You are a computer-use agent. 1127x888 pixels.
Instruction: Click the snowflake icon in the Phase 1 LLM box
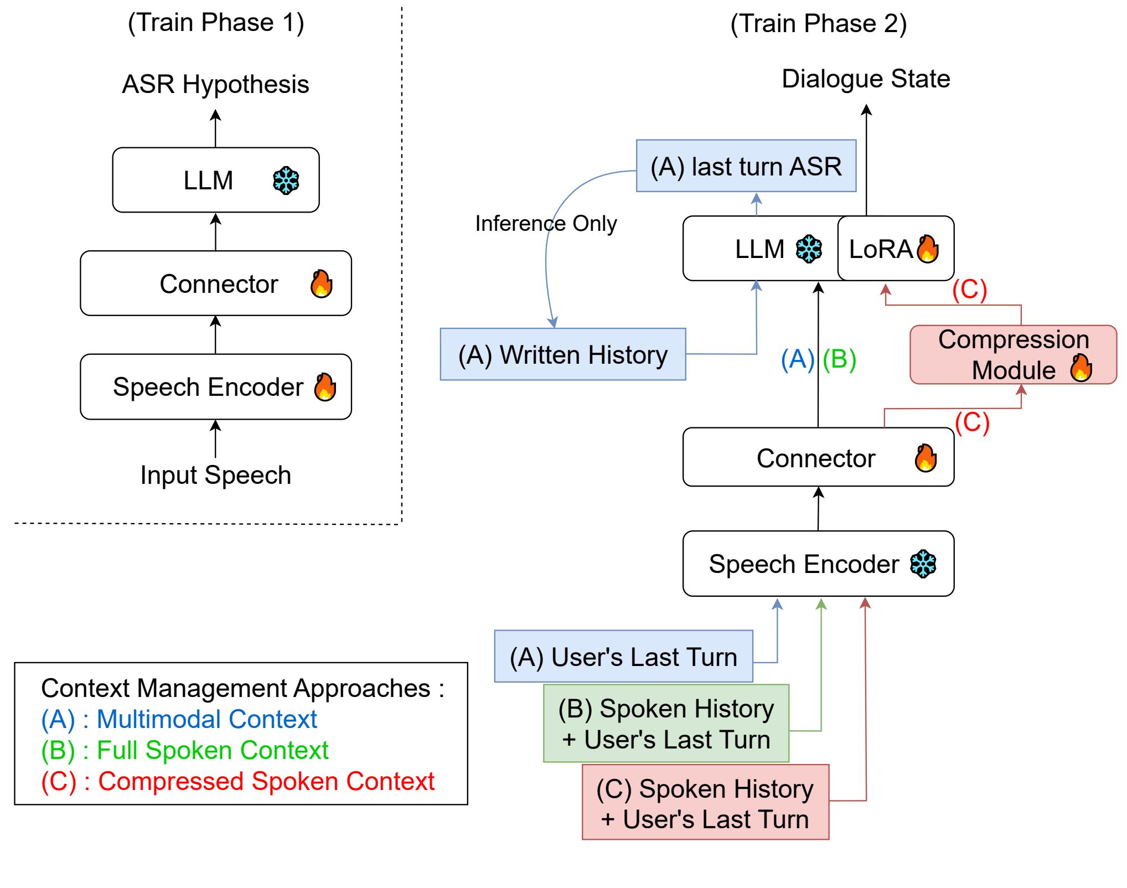pyautogui.click(x=286, y=180)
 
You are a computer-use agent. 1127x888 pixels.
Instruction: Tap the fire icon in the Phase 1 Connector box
pyautogui.click(x=322, y=284)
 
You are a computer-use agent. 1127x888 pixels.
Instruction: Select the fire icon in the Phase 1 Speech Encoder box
pyautogui.click(x=325, y=386)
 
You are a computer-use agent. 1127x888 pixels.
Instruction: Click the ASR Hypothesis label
pyautogui.click(x=215, y=84)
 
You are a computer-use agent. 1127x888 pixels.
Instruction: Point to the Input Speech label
pyautogui.click(x=215, y=475)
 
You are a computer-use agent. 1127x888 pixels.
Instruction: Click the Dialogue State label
pyautogui.click(x=866, y=79)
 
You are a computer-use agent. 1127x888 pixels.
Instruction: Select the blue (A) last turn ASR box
pyautogui.click(x=746, y=166)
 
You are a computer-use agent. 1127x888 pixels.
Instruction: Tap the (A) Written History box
pyautogui.click(x=563, y=354)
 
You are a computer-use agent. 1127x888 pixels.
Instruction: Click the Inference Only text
pyautogui.click(x=546, y=224)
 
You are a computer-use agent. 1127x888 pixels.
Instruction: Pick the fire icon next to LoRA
pyautogui.click(x=928, y=249)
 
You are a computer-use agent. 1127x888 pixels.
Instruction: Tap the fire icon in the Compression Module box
pyautogui.click(x=1081, y=368)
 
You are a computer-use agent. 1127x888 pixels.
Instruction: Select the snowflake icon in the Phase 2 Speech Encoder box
pyautogui.click(x=923, y=564)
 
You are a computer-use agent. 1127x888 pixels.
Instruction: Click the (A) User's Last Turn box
pyautogui.click(x=623, y=657)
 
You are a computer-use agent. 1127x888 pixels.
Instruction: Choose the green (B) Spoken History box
pyautogui.click(x=666, y=724)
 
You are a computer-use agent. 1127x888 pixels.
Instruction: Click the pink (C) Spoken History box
pyautogui.click(x=705, y=803)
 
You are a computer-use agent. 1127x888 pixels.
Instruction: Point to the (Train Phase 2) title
pyautogui.click(x=818, y=24)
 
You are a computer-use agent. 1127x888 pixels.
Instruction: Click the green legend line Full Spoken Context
pyautogui.click(x=185, y=751)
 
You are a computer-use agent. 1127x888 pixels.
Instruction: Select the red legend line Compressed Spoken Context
pyautogui.click(x=238, y=782)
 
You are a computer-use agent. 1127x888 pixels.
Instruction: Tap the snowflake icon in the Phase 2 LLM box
pyautogui.click(x=809, y=249)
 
